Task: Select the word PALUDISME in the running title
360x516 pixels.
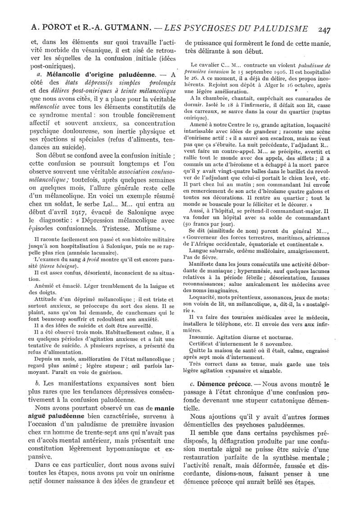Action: (x=279, y=29)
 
